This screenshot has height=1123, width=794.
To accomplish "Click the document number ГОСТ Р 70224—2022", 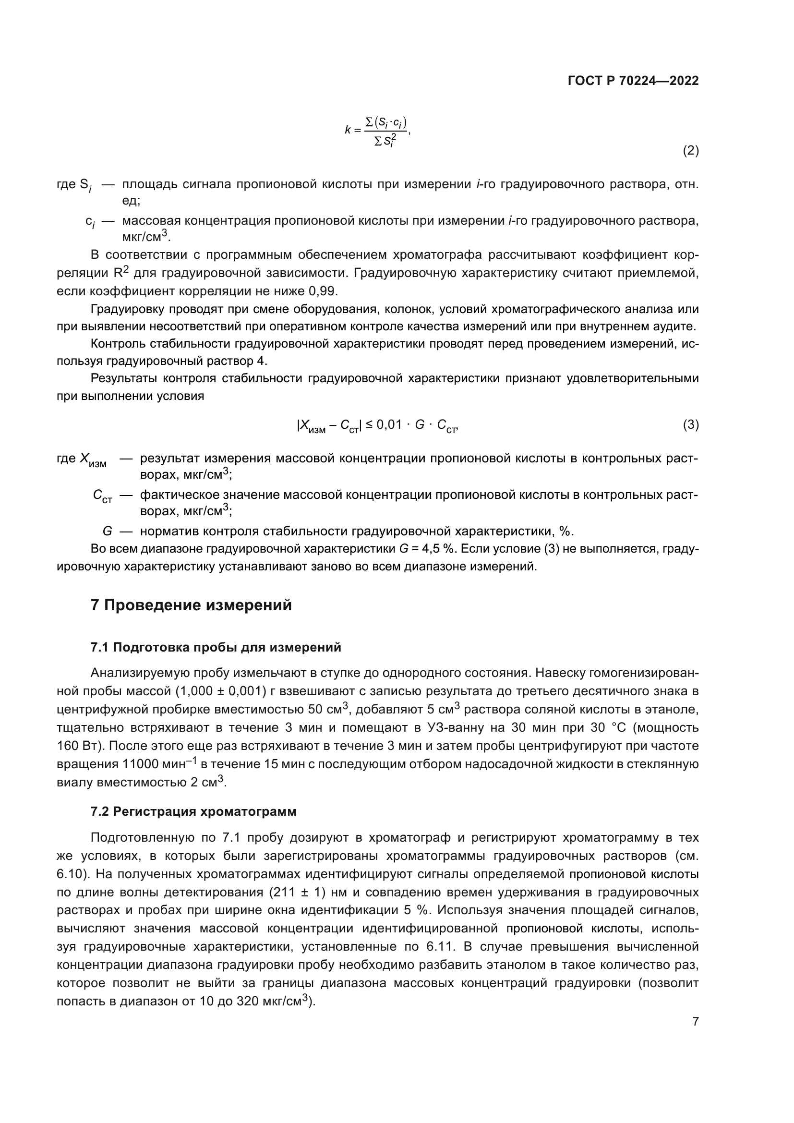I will point(633,81).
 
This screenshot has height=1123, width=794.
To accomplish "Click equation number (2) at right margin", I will point(690,151).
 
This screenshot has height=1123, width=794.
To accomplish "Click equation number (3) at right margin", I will point(690,424).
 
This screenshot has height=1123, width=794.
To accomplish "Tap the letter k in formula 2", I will point(348,130).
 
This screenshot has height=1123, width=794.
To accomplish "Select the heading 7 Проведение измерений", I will point(191,605).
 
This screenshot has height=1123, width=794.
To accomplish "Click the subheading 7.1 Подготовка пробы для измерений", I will point(216,648).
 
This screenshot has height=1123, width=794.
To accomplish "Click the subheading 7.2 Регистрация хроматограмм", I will point(193,812).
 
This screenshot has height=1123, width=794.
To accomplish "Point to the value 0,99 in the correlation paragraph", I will point(323,291).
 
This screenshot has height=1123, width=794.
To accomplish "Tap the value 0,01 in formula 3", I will point(389,424).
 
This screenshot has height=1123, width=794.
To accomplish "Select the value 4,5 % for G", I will point(438,549).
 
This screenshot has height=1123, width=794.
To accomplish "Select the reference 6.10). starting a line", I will point(72,874).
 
